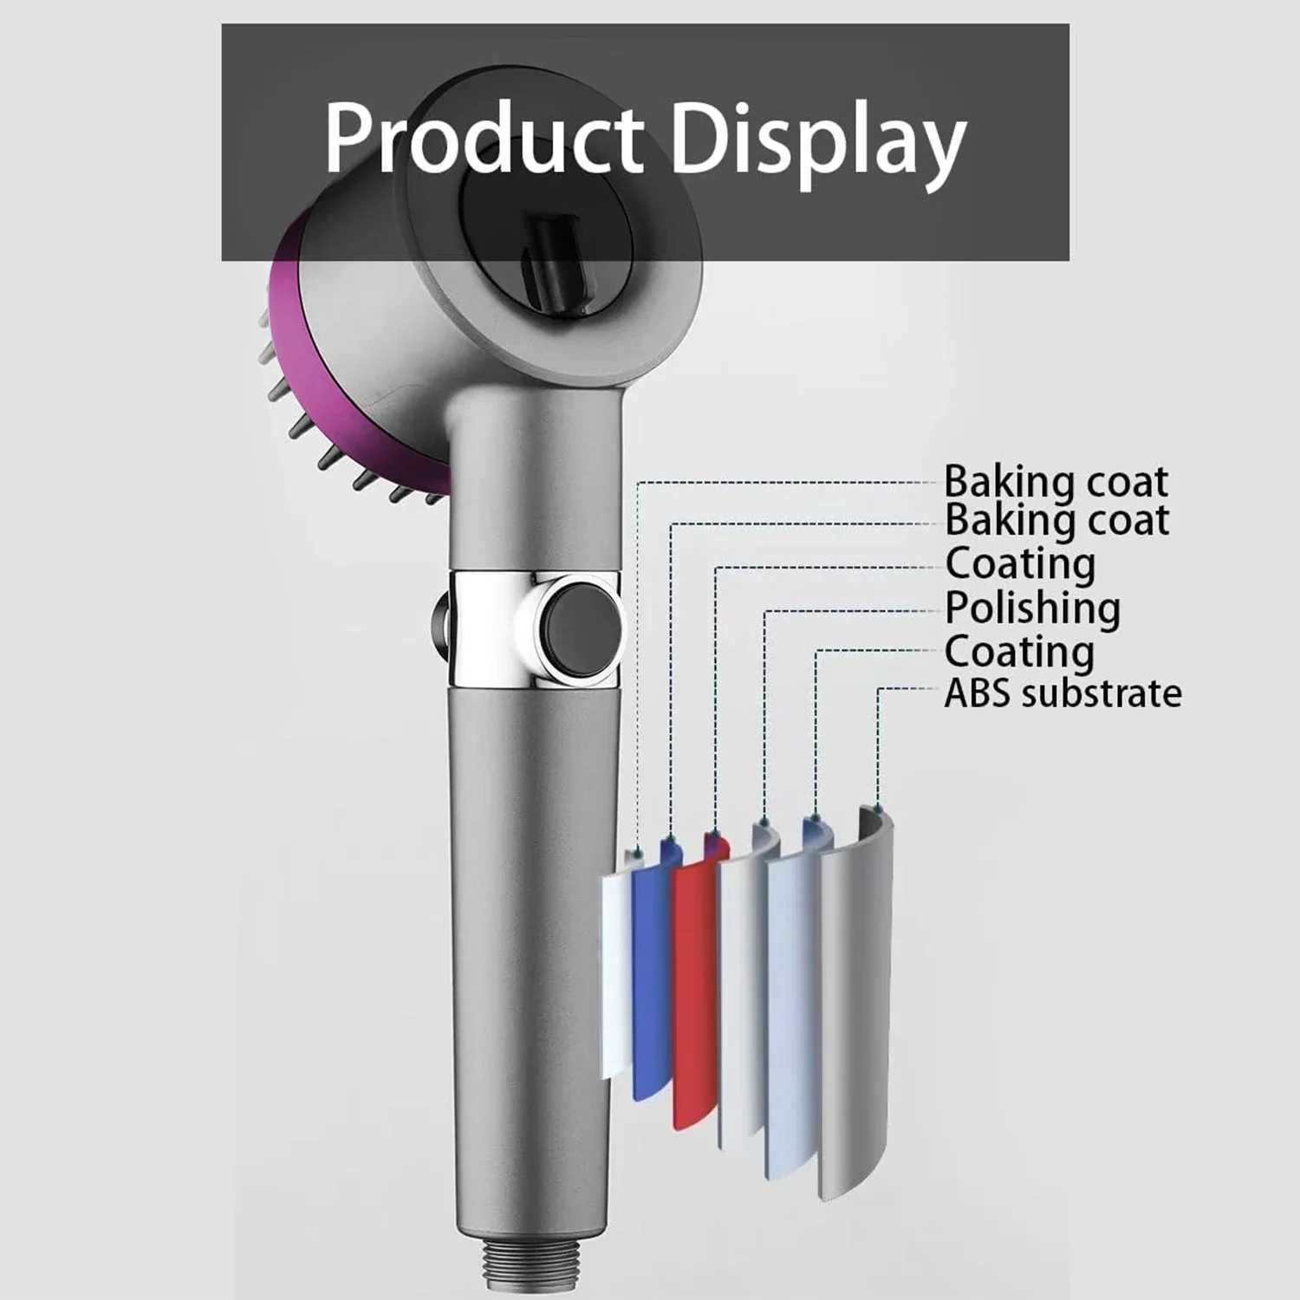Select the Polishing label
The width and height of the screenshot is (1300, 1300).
[1032, 608]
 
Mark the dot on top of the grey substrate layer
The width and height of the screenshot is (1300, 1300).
[877, 809]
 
